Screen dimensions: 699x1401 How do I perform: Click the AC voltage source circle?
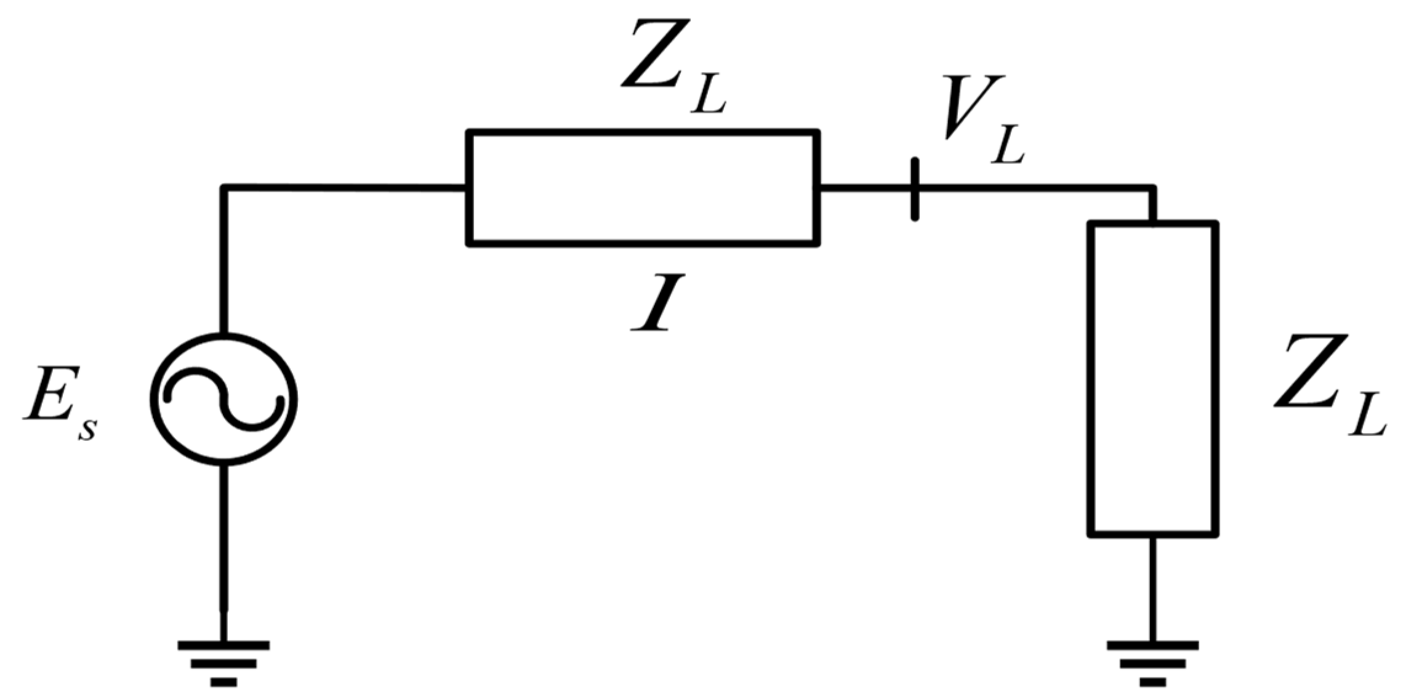click(223, 345)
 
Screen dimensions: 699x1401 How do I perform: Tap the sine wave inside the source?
click(225, 398)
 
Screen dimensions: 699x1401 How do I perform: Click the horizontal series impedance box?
click(643, 188)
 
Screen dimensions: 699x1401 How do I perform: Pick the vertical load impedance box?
click(1153, 378)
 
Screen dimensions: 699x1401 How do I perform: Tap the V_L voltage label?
click(982, 129)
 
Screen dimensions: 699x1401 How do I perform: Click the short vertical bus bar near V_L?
click(915, 189)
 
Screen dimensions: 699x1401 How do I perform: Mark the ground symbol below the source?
click(223, 662)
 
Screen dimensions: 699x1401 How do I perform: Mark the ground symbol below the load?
click(1152, 662)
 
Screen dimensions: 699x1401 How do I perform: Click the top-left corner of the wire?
click(224, 187)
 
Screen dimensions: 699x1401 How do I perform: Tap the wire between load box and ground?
click(1152, 585)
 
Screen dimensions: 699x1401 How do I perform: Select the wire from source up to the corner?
click(223, 259)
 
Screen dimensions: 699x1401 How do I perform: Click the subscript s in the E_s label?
click(87, 429)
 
